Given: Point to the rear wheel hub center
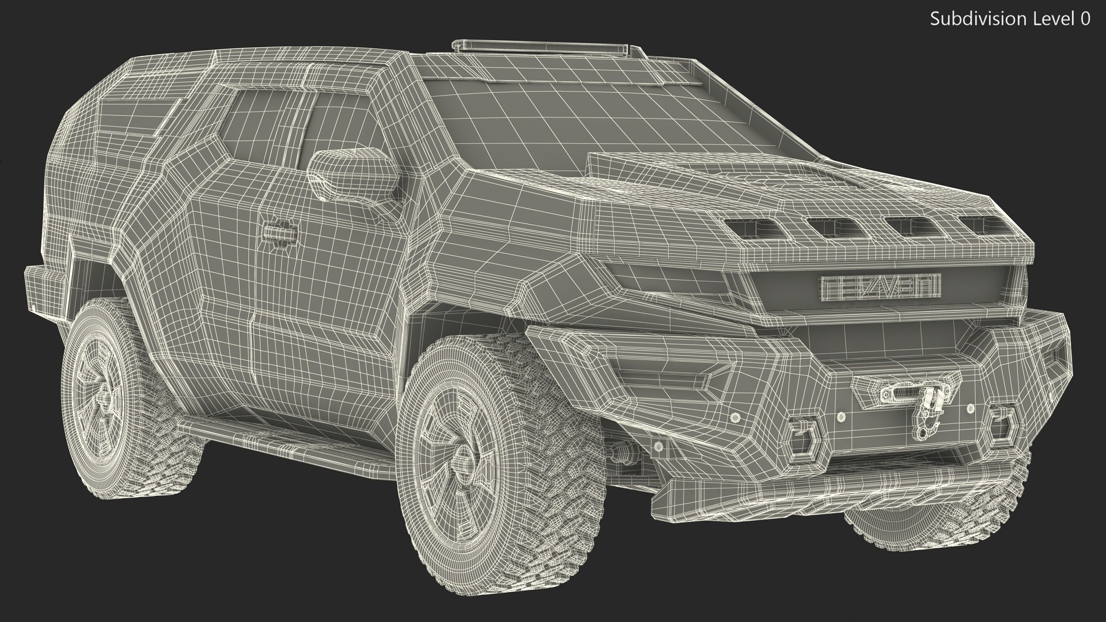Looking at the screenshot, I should pos(107,397).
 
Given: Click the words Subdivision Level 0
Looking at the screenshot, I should pos(1010,19).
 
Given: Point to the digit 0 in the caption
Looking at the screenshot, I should pos(1085,19).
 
